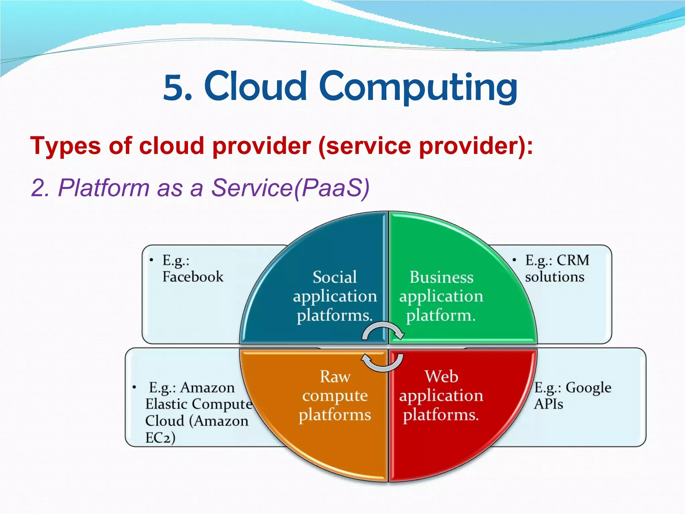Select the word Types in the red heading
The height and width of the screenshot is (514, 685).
(66, 146)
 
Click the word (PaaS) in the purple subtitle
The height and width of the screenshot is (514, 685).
(332, 188)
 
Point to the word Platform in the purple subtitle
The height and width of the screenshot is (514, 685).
(104, 188)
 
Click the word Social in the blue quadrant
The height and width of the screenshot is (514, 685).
(334, 277)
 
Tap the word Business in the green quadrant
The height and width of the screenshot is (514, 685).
(442, 277)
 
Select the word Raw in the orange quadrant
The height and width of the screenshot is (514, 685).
(335, 376)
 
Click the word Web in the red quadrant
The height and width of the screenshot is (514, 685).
(442, 376)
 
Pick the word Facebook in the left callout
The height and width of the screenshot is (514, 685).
(193, 277)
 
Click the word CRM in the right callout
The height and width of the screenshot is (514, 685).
(573, 260)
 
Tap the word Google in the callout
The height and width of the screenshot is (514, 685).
(588, 388)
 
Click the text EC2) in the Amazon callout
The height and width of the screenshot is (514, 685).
(160, 438)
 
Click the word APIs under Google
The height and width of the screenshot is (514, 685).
(548, 404)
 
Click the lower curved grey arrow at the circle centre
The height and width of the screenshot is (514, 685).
(383, 363)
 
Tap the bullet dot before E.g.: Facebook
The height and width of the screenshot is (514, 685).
(152, 260)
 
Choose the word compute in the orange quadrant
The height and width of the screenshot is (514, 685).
(335, 396)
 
